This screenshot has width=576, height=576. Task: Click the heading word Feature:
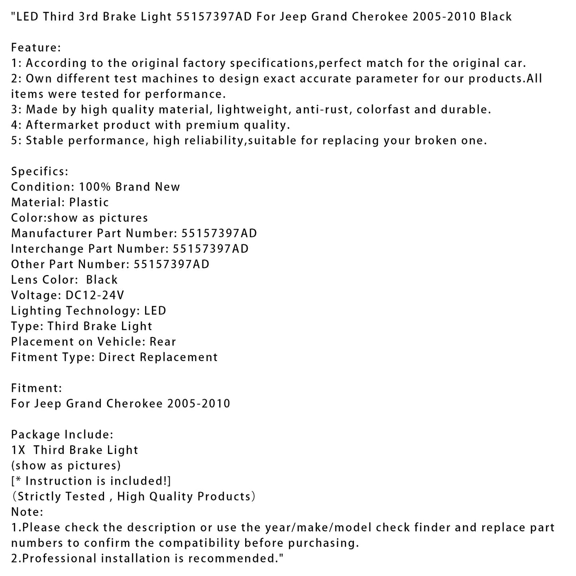[x=36, y=48]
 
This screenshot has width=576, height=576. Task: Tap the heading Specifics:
[x=39, y=172]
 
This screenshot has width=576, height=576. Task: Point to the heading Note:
[x=27, y=512]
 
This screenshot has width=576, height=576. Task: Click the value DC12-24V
[x=94, y=295]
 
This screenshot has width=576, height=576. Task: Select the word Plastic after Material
[x=89, y=202]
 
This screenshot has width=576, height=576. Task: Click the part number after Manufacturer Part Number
[x=219, y=233]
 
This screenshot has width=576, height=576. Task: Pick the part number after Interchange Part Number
[x=210, y=249]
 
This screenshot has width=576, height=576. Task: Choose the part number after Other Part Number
[x=171, y=264]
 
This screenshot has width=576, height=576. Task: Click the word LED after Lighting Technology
[x=155, y=311]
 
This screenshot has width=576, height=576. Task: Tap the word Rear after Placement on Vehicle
[x=163, y=342]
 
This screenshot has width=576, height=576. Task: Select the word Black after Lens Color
[x=102, y=280]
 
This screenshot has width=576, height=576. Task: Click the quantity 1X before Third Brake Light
[x=18, y=450]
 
